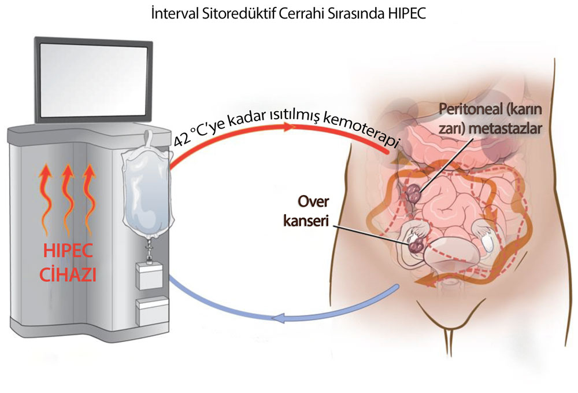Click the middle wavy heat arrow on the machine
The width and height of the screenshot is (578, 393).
tap(67, 199)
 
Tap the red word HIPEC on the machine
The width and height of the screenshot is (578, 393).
tap(68, 251)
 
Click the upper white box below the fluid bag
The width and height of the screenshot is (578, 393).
tap(149, 276)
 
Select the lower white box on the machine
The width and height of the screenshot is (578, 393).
tap(152, 312)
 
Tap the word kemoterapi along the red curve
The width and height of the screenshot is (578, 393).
tap(361, 130)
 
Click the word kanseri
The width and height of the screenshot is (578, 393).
tap(306, 221)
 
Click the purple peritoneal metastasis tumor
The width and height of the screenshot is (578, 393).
tap(413, 192)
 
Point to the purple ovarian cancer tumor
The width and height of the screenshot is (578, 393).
tap(415, 244)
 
